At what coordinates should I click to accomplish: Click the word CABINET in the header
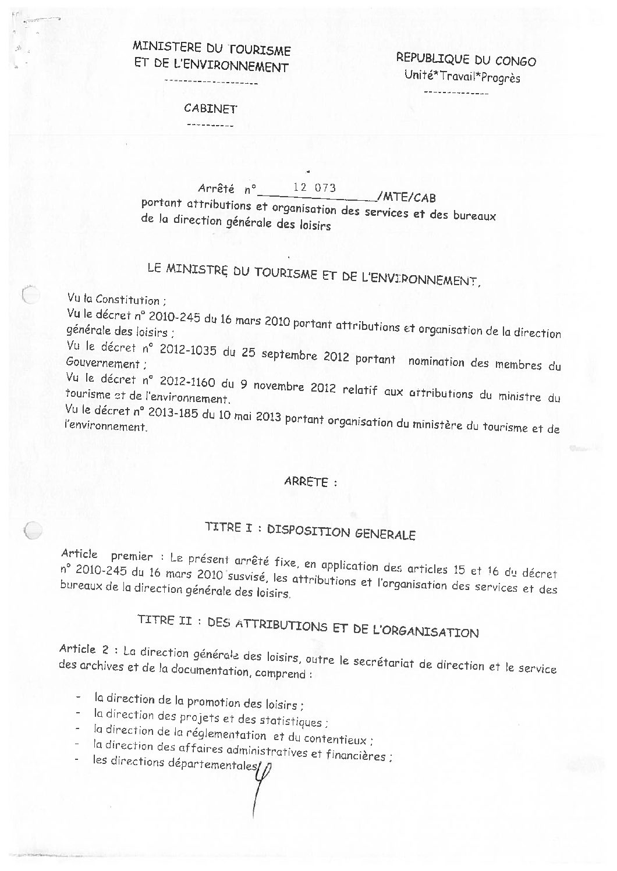pyautogui.click(x=210, y=109)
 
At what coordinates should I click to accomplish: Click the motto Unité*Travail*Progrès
pyautogui.click(x=462, y=77)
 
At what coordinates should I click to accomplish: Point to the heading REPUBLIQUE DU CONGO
pyautogui.click(x=466, y=59)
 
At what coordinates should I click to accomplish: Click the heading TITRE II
pyautogui.click(x=160, y=620)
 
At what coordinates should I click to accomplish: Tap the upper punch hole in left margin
pyautogui.click(x=30, y=294)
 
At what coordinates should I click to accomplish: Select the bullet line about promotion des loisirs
pyautogui.click(x=198, y=701)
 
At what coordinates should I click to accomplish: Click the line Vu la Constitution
pyautogui.click(x=116, y=301)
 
